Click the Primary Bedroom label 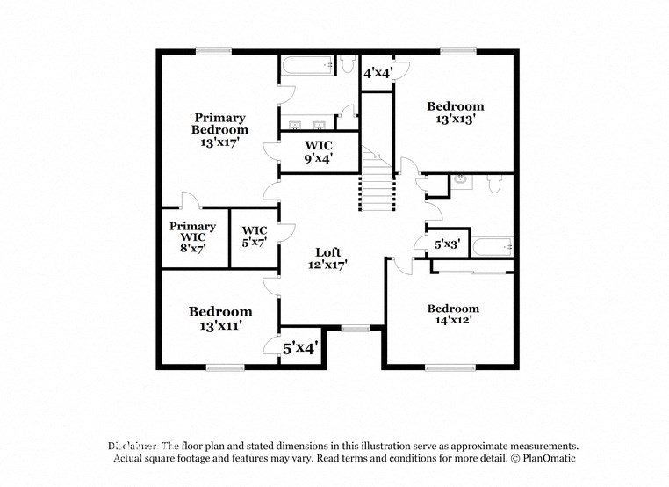click(220, 123)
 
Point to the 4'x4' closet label click(378, 73)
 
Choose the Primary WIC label click(193, 232)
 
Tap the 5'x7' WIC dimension click(255, 243)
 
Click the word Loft click(329, 251)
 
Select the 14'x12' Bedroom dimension click(453, 322)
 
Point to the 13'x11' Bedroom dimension click(220, 325)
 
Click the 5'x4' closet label click(300, 348)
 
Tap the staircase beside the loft click(375, 181)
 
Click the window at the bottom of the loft click(356, 329)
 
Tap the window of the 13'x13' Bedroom click(457, 51)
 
